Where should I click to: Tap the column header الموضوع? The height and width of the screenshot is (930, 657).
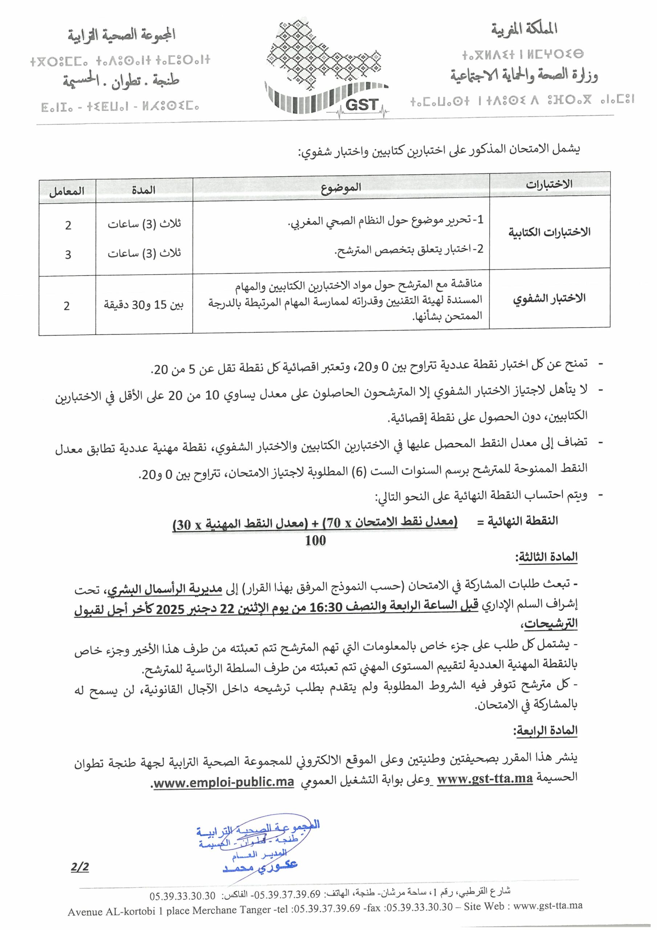click(x=341, y=187)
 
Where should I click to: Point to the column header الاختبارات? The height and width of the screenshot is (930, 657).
click(x=549, y=184)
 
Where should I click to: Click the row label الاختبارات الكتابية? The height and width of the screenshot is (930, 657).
click(x=549, y=232)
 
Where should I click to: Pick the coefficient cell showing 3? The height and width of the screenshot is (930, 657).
click(x=68, y=255)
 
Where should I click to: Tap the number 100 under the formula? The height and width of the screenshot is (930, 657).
click(x=315, y=540)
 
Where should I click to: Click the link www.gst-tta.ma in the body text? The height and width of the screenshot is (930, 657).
click(x=485, y=778)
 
